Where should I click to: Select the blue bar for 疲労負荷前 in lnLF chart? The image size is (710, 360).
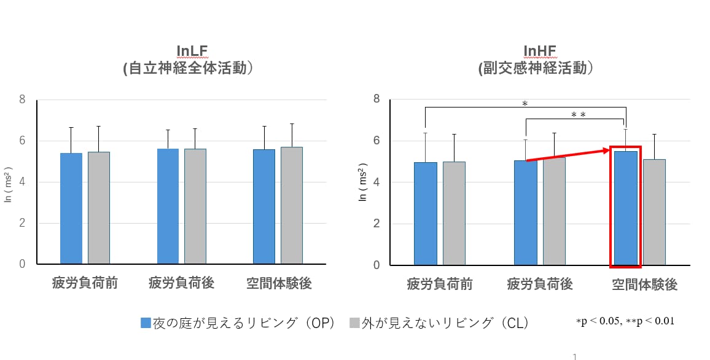click(x=71, y=208)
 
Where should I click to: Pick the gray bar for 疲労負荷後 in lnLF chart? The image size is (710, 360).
click(x=195, y=206)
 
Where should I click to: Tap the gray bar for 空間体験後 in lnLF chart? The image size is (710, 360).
click(x=292, y=205)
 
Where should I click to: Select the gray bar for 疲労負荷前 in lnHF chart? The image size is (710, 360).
click(x=454, y=213)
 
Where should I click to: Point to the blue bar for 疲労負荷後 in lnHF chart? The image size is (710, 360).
click(x=525, y=213)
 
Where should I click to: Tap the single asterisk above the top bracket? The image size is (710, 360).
click(x=525, y=104)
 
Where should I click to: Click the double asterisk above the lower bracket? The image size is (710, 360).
click(x=578, y=115)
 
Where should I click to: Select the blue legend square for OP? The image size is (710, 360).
click(x=146, y=323)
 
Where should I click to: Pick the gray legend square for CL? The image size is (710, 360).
click(x=354, y=323)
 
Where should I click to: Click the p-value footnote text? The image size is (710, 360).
click(x=625, y=321)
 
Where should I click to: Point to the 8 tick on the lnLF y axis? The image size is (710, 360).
click(x=22, y=99)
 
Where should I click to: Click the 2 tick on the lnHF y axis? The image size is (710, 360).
click(x=376, y=223)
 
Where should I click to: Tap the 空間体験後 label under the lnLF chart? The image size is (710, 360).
click(x=279, y=283)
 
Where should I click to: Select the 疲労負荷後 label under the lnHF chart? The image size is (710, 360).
click(x=540, y=284)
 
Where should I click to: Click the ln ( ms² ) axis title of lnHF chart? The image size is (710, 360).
click(x=363, y=182)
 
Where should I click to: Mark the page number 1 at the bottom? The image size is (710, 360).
click(x=575, y=356)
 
